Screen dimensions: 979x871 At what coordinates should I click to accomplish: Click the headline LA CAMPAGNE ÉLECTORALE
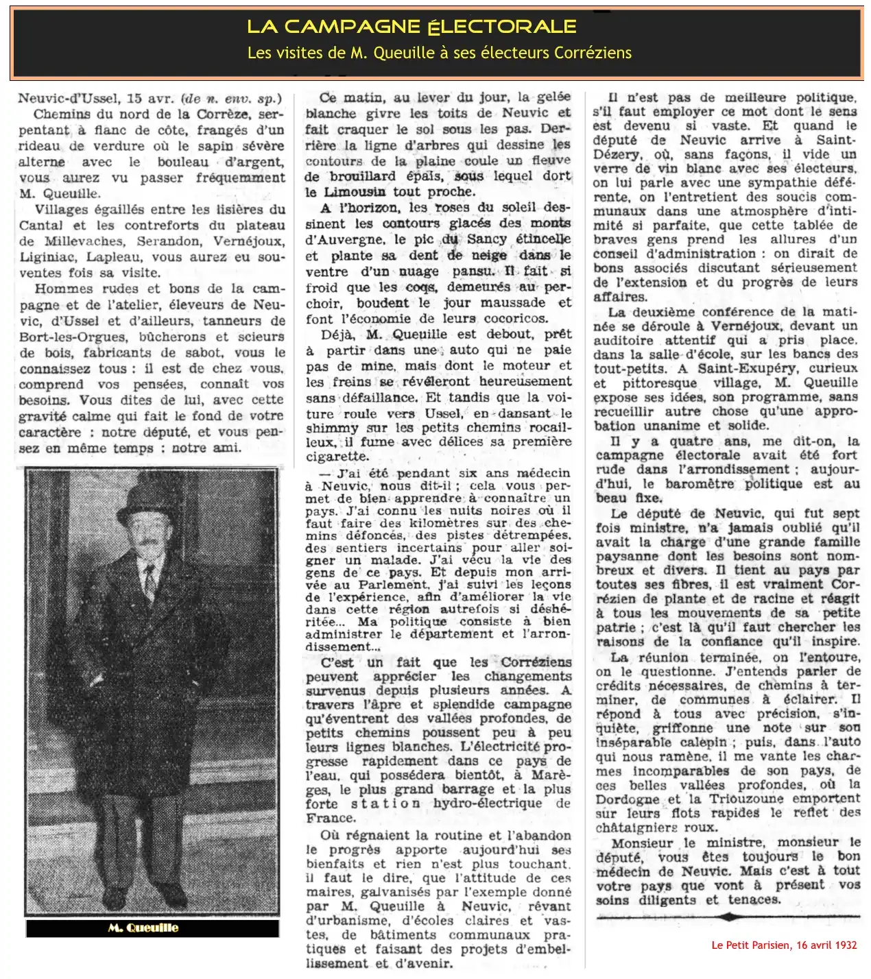(411, 27)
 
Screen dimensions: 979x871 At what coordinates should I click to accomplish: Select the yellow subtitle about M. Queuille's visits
(439, 53)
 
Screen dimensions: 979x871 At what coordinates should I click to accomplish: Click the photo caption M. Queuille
(143, 928)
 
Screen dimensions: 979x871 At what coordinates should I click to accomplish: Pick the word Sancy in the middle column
(486, 240)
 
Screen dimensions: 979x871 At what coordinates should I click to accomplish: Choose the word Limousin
(355, 192)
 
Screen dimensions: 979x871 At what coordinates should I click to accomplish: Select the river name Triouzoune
(748, 799)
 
